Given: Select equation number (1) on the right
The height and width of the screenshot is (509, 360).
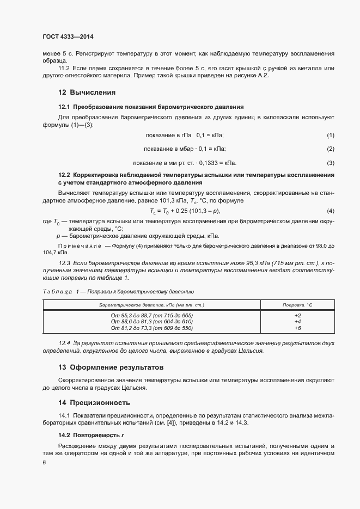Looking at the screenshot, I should pyautogui.click(x=330, y=135).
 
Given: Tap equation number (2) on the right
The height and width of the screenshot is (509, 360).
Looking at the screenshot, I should pyautogui.click(x=330, y=149).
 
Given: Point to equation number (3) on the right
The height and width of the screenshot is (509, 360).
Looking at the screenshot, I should pyautogui.click(x=330, y=163).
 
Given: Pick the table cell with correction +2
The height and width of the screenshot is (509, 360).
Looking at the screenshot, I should pyautogui.click(x=297, y=315).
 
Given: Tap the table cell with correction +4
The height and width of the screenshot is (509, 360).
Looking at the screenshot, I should pyautogui.click(x=297, y=322).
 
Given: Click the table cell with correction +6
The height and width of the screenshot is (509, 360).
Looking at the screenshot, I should pyautogui.click(x=297, y=328).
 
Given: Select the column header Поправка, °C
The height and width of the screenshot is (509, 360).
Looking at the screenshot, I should pyautogui.click(x=297, y=305).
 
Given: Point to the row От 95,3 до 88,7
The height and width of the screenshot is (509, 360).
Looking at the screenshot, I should pyautogui.click(x=151, y=315).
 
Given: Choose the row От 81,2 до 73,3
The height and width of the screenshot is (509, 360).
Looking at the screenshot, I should pyautogui.click(x=151, y=328).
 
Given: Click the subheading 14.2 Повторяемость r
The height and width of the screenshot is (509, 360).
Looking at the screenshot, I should pyautogui.click(x=91, y=436).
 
